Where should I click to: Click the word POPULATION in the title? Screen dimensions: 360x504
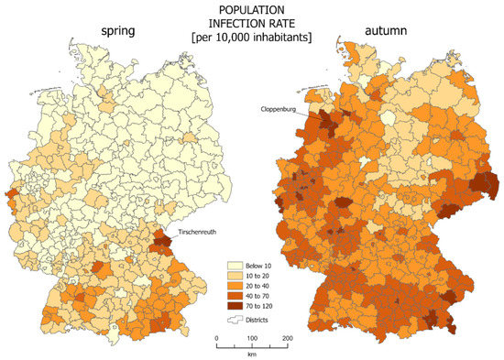click(x=250, y=8)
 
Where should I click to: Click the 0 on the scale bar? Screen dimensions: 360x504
click(x=217, y=338)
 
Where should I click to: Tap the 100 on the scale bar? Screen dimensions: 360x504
click(x=251, y=338)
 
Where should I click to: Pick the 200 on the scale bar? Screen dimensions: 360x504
click(x=286, y=338)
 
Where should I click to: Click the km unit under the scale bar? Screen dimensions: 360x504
click(x=251, y=355)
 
